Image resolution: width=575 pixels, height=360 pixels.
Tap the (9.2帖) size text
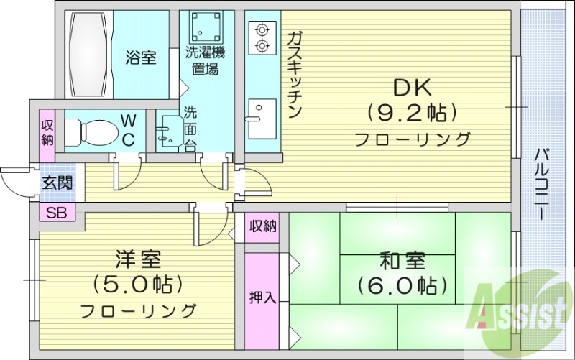click(412, 113)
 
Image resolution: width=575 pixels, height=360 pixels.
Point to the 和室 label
click(398, 260)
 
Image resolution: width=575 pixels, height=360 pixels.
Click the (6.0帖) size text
click(398, 285)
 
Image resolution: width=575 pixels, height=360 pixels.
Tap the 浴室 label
click(140, 57)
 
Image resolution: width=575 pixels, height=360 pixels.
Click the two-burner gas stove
click(260, 38)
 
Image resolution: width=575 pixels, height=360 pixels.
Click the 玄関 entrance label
click(57, 183)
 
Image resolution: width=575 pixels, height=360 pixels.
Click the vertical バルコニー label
click(543, 184)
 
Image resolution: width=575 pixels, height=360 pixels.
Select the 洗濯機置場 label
click(206, 60)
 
